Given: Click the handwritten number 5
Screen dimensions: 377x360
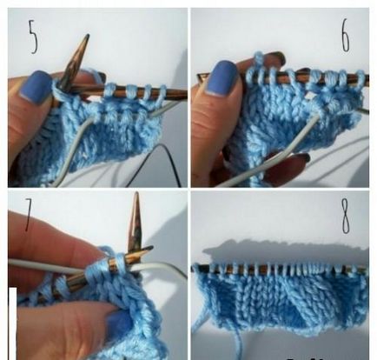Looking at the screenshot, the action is tap(33, 37).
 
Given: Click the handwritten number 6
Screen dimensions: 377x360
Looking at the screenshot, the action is tap(345, 36).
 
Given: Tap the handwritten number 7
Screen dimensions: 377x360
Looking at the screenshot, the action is tap(29, 215).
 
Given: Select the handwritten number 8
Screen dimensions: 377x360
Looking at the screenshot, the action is tap(346, 217).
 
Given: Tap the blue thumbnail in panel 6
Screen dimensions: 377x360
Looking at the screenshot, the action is tap(222, 77).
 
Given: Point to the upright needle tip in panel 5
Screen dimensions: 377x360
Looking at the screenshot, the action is tap(86, 36).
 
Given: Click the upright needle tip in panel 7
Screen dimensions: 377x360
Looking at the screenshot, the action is tap(136, 193).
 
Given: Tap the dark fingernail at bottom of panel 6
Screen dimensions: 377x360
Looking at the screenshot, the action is tap(301, 157).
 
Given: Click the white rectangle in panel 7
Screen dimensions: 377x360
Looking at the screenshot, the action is tap(12, 323).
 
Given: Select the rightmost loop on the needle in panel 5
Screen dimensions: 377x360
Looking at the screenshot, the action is tap(163, 93).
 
